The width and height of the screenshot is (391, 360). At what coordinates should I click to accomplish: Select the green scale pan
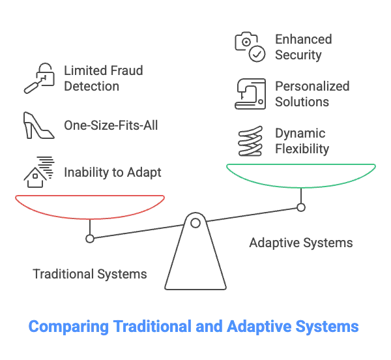coord(302,173)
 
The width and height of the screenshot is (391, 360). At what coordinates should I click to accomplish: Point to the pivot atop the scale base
coord(195,219)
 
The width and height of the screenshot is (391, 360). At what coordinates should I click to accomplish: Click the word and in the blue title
coord(209,326)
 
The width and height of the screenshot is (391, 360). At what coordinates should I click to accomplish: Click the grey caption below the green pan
coord(299,245)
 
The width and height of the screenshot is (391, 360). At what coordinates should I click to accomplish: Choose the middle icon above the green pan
coord(248,93)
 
